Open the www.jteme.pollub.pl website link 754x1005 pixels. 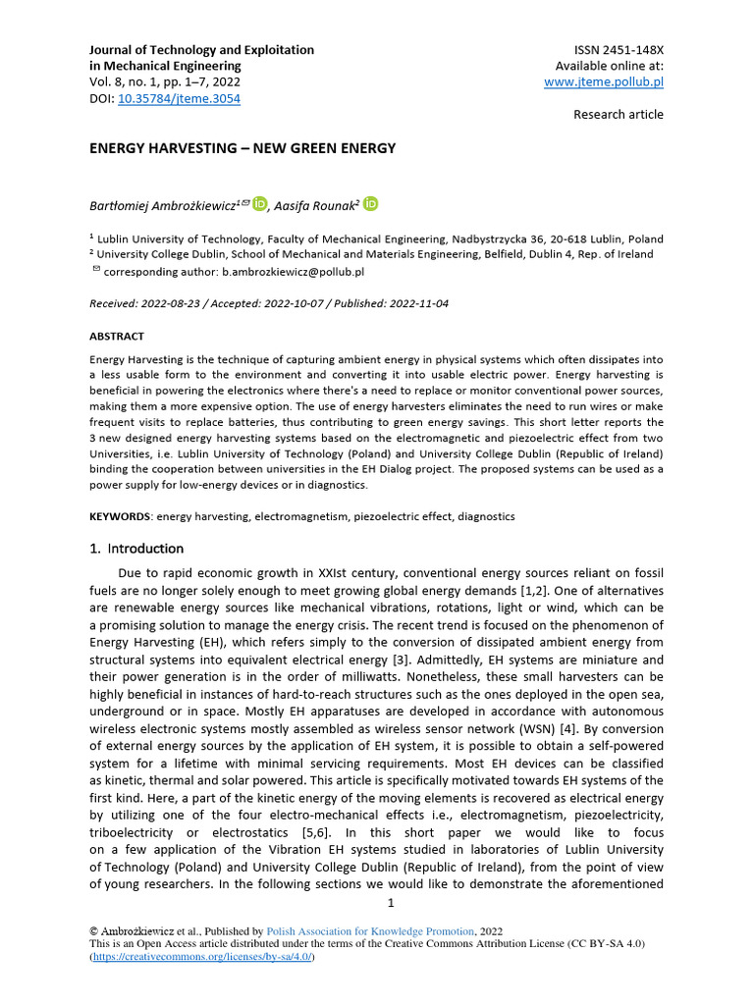coord(603,82)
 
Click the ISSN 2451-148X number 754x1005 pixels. coord(618,49)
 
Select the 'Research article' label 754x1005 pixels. coord(618,115)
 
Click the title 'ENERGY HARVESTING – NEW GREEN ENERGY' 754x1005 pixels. coord(242,148)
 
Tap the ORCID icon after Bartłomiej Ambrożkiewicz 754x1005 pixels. coord(259,204)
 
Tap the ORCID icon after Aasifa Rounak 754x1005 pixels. coord(370,204)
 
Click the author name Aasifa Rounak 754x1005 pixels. coord(315,205)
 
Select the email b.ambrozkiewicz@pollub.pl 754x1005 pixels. coord(286,271)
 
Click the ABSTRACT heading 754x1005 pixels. coord(117,336)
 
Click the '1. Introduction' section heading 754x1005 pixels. coord(136,549)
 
